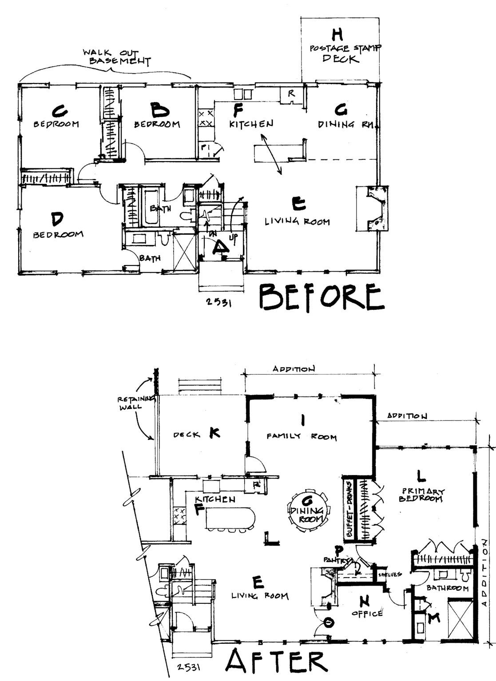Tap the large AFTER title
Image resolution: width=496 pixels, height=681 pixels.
276,662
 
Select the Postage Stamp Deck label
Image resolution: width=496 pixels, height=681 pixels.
340,53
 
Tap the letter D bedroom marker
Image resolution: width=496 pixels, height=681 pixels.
56,218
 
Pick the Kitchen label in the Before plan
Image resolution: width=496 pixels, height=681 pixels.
251,124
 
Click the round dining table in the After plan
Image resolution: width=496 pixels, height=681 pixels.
308,509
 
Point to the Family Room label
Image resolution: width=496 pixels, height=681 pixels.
302,437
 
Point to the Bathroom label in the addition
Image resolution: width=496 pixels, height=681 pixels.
447,588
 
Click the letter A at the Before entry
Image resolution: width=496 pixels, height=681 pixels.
219,247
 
